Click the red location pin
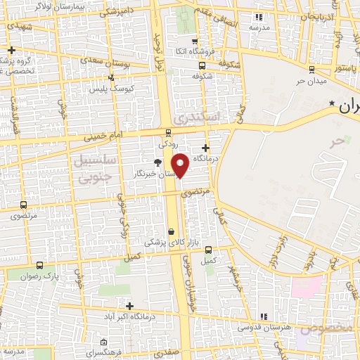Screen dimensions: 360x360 (x=181, y=165)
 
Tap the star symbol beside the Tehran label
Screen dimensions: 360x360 (x=333, y=105)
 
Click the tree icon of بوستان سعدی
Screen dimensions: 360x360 (x=110, y=78)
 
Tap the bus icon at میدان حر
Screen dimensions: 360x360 (x=311, y=69)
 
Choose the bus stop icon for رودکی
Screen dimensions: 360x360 (x=168, y=131)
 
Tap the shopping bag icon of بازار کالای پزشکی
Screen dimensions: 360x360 (x=172, y=231)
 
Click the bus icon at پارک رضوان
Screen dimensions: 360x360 (x=38, y=266)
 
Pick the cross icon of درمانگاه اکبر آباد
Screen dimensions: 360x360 (x=129, y=305)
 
